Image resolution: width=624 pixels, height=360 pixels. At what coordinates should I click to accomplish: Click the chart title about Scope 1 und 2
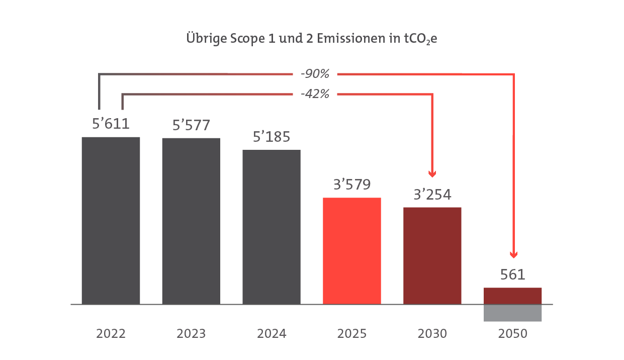312,39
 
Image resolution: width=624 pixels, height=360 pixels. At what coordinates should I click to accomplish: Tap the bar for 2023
191,221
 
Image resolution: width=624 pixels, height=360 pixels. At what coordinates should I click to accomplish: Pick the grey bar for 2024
272,227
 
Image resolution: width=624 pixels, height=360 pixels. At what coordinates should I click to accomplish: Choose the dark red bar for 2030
432,255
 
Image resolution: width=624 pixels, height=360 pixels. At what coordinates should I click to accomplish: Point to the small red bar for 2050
513,296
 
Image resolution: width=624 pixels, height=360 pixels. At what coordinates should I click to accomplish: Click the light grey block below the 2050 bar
513,313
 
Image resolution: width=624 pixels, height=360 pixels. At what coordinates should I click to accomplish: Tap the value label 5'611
111,124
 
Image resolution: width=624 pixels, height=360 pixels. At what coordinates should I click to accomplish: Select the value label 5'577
191,125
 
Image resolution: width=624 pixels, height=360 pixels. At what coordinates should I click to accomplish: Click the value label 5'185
272,137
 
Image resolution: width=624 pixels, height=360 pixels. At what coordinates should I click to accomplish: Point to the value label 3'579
352,185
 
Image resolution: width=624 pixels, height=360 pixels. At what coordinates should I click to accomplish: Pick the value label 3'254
432,195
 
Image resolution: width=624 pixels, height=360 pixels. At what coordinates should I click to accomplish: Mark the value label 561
513,275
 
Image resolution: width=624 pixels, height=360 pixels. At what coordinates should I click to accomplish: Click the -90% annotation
315,74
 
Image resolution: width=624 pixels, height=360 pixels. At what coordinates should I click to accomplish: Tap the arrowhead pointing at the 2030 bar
432,174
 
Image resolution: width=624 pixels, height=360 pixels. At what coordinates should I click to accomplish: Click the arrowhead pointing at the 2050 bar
513,254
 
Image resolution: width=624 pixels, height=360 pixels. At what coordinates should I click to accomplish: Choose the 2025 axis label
352,333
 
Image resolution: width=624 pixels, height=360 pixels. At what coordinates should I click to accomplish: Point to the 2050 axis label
513,333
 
